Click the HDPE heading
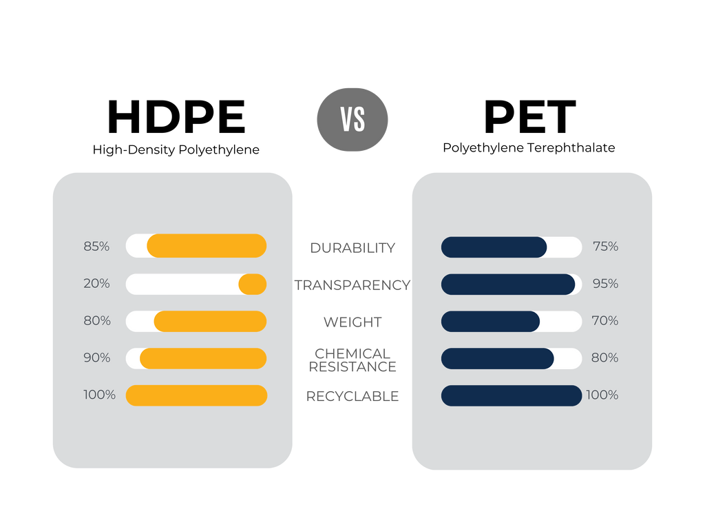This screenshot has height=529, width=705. point(176,117)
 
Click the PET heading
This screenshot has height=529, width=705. point(529,117)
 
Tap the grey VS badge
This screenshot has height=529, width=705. point(352,120)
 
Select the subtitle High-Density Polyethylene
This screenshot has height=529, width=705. point(176,149)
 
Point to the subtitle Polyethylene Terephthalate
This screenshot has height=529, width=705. point(529,147)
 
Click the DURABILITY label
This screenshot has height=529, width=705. point(352,248)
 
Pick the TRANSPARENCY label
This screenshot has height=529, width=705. point(352,285)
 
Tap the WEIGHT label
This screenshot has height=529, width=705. point(352,322)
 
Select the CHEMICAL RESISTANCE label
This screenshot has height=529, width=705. point(352,360)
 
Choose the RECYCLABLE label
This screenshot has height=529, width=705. point(352,396)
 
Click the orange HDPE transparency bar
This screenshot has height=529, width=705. point(253,284)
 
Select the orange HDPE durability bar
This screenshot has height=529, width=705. point(207,246)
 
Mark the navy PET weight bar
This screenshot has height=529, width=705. point(490,321)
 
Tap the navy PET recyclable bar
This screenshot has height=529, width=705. point(512,395)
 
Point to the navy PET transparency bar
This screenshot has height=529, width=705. point(508,284)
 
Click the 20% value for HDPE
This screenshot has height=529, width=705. point(96,283)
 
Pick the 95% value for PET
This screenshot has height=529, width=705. point(606,283)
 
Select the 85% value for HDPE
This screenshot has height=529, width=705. point(96,247)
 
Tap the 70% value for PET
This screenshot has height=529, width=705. point(605,320)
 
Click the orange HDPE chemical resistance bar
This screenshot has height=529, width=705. point(203,358)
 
